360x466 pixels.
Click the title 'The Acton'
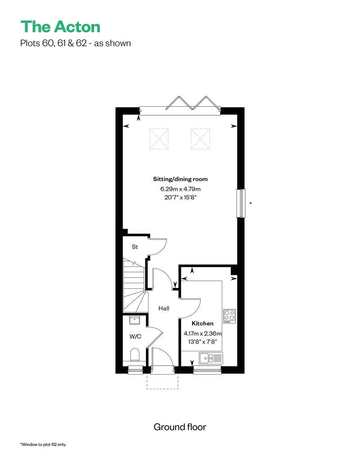pyautogui.click(x=60, y=27)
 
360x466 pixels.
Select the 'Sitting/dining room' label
pyautogui.click(x=180, y=179)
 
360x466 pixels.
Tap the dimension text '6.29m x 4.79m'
pyautogui.click(x=180, y=189)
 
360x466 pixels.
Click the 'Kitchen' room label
pyautogui.click(x=202, y=323)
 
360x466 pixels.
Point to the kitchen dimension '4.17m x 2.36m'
pyautogui.click(x=202, y=333)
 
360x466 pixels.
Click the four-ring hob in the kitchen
pyautogui.click(x=229, y=316)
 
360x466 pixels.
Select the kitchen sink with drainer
pyautogui.click(x=211, y=358)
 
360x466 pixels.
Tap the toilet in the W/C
pyautogui.click(x=135, y=354)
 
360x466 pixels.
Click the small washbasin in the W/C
pyautogui.click(x=135, y=320)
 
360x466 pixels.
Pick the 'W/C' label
pyautogui.click(x=135, y=336)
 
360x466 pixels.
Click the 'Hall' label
pyautogui.click(x=164, y=309)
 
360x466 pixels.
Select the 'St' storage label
pyautogui.click(x=135, y=246)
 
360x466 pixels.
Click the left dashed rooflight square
pyautogui.click(x=159, y=139)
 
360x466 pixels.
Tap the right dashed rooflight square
pyautogui.click(x=200, y=139)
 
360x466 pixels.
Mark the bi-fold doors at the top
pyautogui.click(x=180, y=107)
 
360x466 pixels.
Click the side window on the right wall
pyautogui.click(x=241, y=204)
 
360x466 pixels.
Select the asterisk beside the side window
pyautogui.click(x=251, y=203)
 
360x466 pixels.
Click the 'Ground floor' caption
pyautogui.click(x=180, y=427)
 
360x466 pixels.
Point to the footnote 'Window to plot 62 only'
pyautogui.click(x=43, y=444)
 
